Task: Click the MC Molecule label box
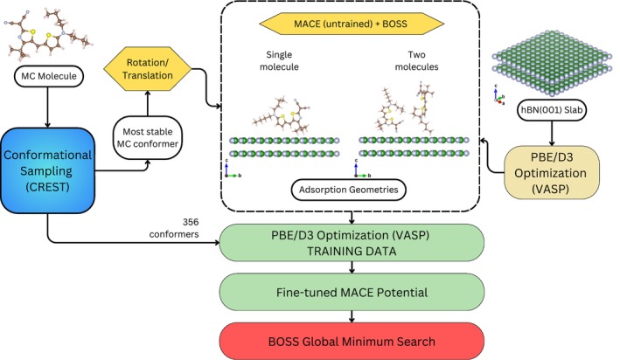click(x=49, y=76)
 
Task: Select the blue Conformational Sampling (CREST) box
click(x=47, y=170)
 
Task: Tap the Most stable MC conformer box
click(x=148, y=137)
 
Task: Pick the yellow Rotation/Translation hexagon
click(x=148, y=69)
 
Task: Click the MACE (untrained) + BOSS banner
click(x=352, y=24)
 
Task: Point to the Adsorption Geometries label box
click(x=348, y=190)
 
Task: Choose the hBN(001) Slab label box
click(x=552, y=110)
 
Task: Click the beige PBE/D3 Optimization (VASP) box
click(x=552, y=173)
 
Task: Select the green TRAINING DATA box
click(x=352, y=243)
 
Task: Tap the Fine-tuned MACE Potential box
click(x=352, y=293)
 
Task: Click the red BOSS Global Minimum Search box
click(x=352, y=342)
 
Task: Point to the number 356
click(x=191, y=222)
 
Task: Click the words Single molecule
click(x=279, y=61)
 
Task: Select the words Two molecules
click(x=417, y=61)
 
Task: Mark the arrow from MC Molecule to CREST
click(x=48, y=107)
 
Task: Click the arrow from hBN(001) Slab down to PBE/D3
click(x=552, y=133)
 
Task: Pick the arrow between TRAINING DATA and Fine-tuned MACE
click(x=352, y=267)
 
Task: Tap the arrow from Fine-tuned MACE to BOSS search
click(x=352, y=317)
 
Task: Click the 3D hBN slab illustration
click(x=552, y=62)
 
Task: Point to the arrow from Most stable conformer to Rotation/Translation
click(x=148, y=103)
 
